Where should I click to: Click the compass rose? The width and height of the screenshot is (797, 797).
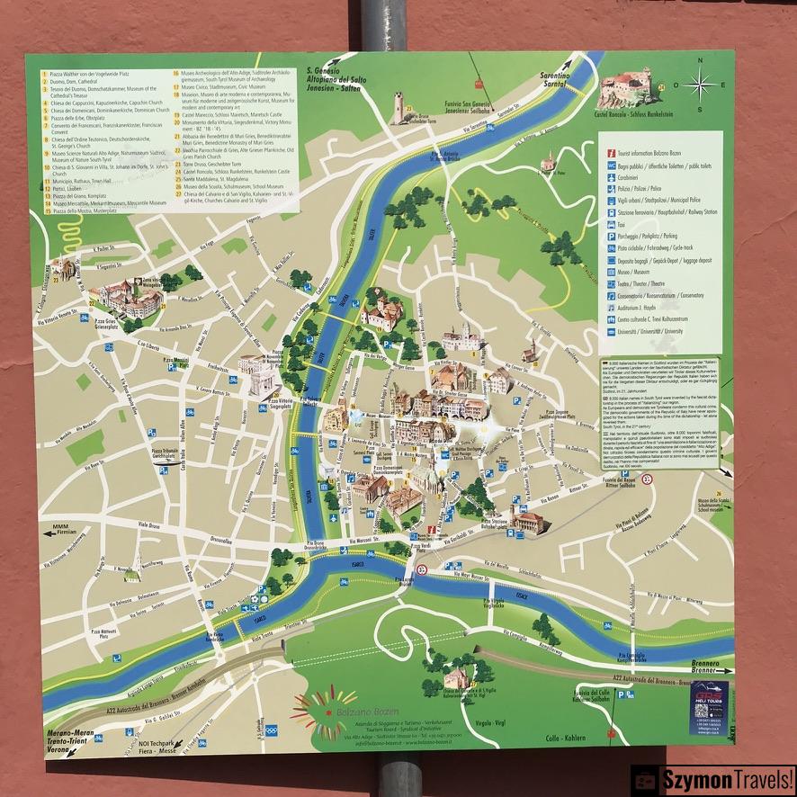click(x=699, y=85)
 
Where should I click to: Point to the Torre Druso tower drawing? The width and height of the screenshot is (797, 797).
click(x=398, y=107)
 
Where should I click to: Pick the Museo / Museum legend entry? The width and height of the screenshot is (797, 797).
click(x=639, y=271)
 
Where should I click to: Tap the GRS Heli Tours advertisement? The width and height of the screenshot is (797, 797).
click(x=710, y=708)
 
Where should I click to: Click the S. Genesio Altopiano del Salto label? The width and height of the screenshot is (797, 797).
click(x=339, y=81)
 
